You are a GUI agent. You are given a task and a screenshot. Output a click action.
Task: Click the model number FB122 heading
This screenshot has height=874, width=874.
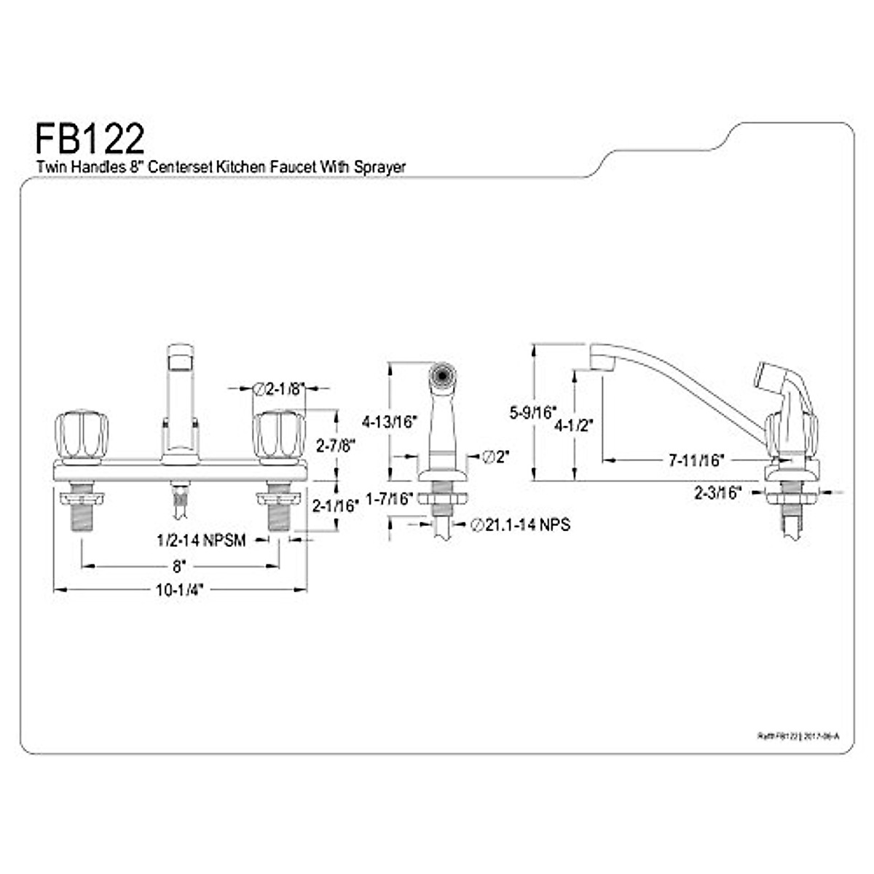click(90, 138)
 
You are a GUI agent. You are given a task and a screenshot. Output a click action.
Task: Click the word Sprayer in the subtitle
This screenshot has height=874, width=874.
click(380, 167)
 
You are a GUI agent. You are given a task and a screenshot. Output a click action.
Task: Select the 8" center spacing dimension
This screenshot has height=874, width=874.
click(179, 565)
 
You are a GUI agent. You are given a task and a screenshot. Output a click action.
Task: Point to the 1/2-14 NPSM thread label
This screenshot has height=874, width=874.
click(201, 540)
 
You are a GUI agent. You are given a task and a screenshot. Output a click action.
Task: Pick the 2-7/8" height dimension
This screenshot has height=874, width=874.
click(335, 445)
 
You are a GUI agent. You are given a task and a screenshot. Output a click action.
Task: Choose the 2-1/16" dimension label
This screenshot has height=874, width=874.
click(335, 505)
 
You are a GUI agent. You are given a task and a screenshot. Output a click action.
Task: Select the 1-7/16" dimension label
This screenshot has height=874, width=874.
click(390, 499)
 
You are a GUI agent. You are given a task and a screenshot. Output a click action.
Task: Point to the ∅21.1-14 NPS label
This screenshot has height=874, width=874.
click(520, 524)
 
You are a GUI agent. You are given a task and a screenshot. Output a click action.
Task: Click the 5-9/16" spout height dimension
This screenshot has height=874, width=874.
click(533, 413)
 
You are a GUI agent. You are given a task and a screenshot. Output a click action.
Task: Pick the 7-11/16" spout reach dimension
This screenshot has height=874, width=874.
click(697, 460)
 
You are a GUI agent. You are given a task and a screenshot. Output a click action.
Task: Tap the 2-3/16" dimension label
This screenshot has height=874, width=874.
click(717, 493)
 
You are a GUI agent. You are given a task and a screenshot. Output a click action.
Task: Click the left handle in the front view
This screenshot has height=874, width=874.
click(83, 436)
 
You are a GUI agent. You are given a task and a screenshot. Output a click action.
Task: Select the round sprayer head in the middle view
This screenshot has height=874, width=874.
click(440, 376)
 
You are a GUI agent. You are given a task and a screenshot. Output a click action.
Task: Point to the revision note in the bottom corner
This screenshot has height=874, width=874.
click(798, 736)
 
